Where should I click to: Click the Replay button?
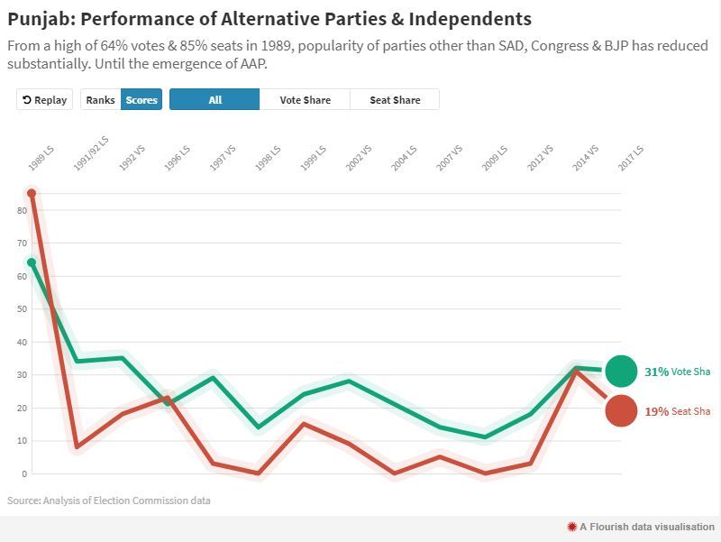pos(44,100)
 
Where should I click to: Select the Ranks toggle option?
pos(100,100)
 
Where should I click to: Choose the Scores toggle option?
pos(141,100)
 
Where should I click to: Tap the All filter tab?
pos(214,100)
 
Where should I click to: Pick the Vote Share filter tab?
pos(305,100)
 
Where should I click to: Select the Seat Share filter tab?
pos(395,100)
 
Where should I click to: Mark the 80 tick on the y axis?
pos(22,210)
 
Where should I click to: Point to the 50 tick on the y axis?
pos(22,309)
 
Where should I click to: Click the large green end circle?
pos(621,371)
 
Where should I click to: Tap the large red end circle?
pos(621,411)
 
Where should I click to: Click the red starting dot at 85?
pos(32,193)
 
